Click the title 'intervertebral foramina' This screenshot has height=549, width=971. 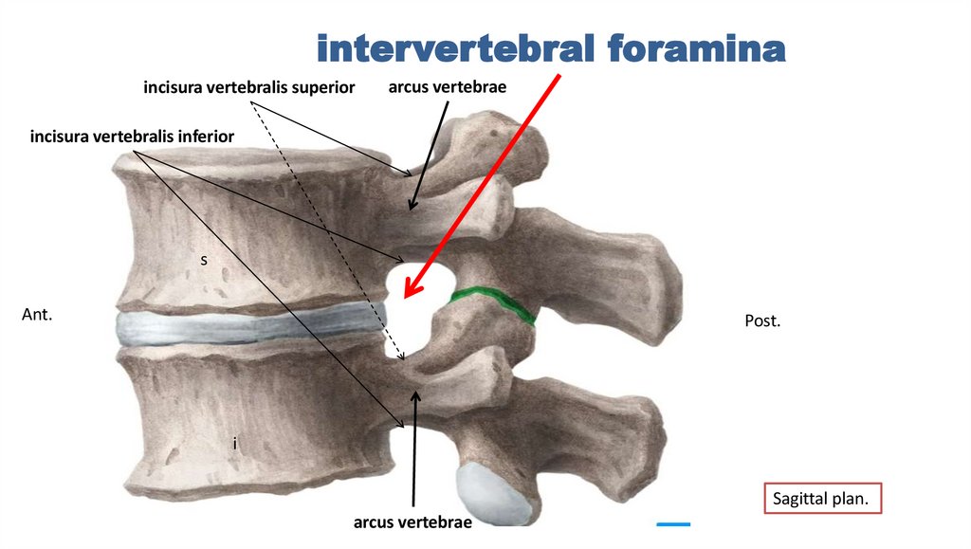pyautogui.click(x=550, y=47)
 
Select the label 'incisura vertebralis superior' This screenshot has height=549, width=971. pyautogui.click(x=248, y=88)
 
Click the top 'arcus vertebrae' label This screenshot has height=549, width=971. pyautogui.click(x=447, y=87)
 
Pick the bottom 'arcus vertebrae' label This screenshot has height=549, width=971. pyautogui.click(x=412, y=521)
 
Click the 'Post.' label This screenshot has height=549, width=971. pyautogui.click(x=762, y=321)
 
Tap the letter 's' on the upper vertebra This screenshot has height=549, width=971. pyautogui.click(x=203, y=258)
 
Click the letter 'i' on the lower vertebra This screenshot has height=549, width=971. pyautogui.click(x=234, y=443)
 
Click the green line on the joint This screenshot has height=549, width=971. pyautogui.click(x=493, y=304)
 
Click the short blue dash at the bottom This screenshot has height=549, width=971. pyautogui.click(x=673, y=523)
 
